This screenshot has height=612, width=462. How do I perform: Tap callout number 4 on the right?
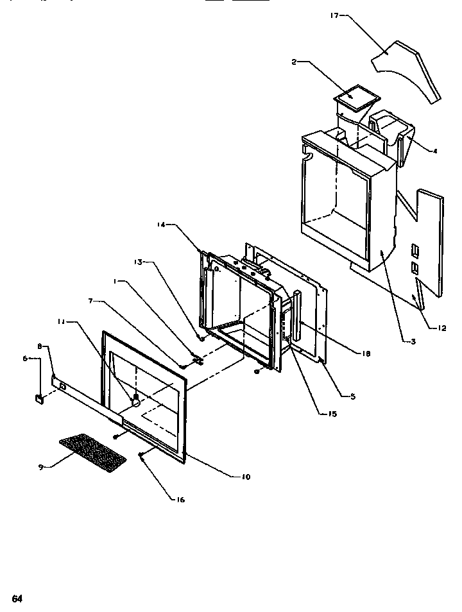434,151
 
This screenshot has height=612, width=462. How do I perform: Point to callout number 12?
441,328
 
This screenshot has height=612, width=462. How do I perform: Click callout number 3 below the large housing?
413,342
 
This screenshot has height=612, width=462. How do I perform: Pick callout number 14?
161,225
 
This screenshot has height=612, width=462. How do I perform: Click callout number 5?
352,396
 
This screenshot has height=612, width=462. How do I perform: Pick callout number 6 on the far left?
26,359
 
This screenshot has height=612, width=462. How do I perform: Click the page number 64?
17,599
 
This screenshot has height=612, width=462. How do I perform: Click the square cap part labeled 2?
354,96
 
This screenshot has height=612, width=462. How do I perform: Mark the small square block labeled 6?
39,398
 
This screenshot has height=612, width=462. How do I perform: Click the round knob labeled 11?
135,401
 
